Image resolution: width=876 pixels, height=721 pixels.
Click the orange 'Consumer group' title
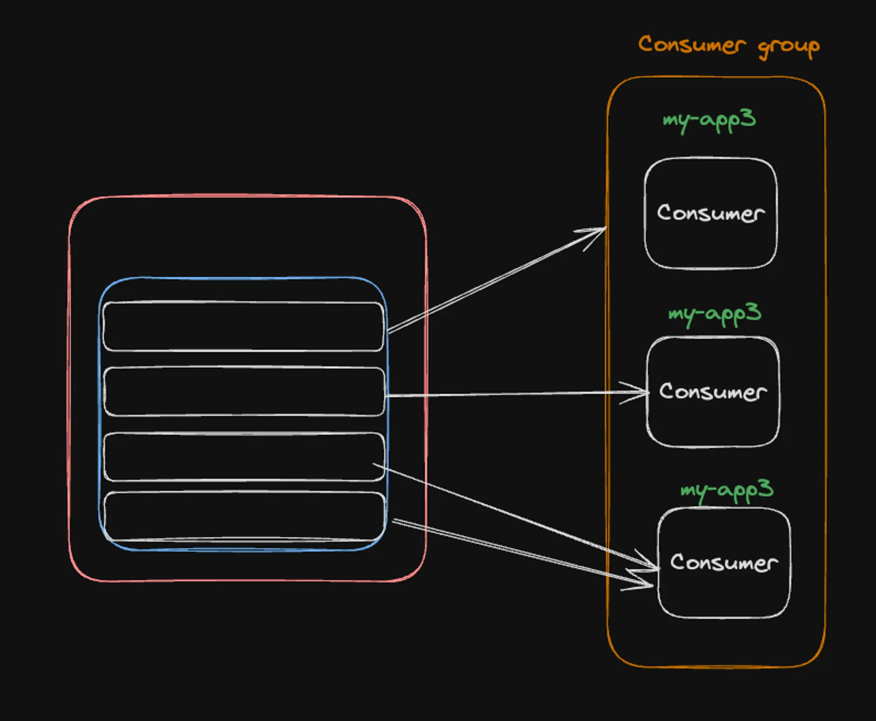tap(728, 46)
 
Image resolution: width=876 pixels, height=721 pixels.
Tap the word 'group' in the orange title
tap(788, 47)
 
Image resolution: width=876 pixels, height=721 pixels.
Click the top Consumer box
tap(710, 245)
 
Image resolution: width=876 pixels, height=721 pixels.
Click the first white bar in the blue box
tap(243, 327)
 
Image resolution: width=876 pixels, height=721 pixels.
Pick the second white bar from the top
tap(244, 391)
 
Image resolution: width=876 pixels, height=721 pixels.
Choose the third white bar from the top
tap(244, 457)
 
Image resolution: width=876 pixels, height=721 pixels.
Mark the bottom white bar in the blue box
tap(244, 517)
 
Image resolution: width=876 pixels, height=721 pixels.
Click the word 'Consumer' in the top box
tap(710, 213)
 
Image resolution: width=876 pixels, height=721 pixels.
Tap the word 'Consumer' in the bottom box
tap(724, 563)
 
